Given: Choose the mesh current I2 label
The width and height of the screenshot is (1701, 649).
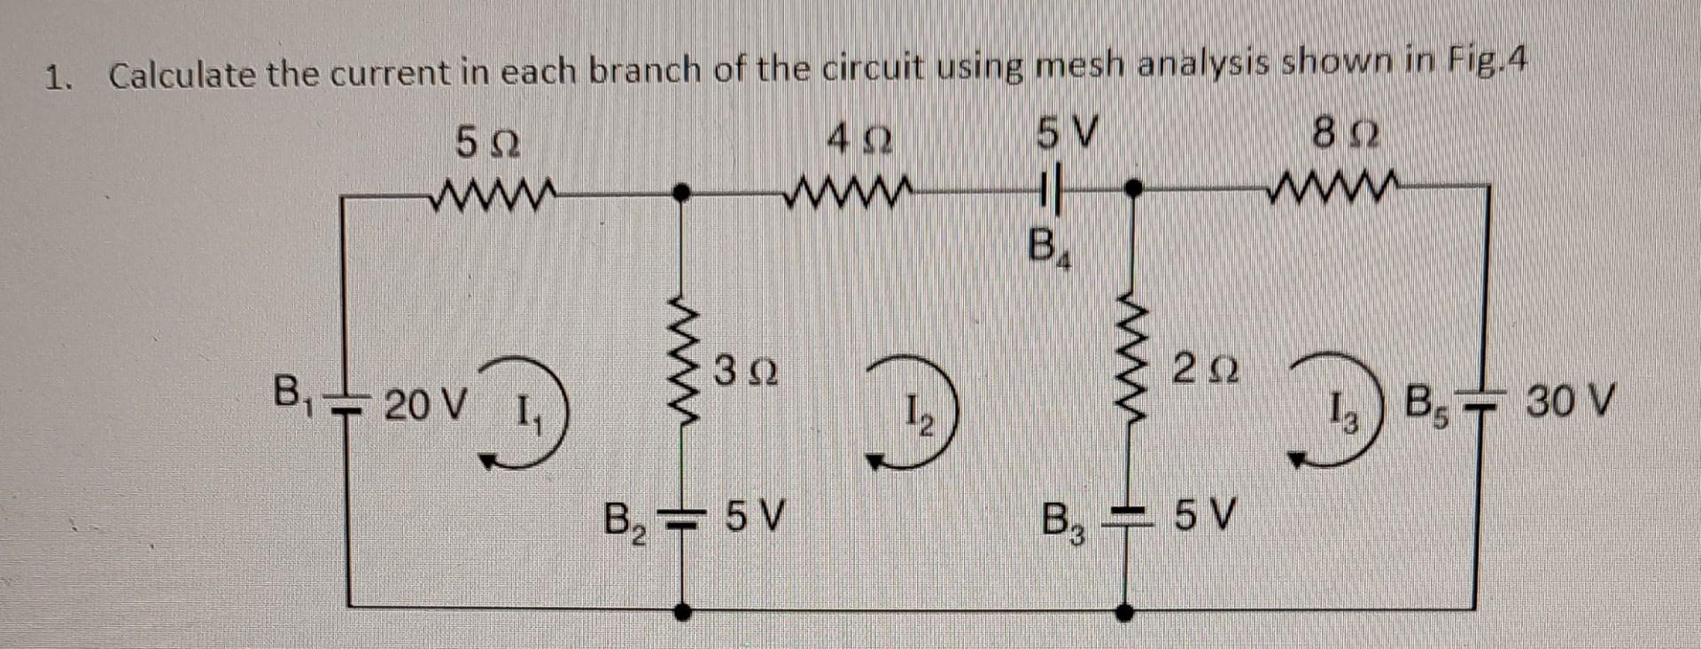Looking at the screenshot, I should [x=918, y=415].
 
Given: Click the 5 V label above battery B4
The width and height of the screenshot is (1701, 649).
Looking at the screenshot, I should [x=1068, y=138].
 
